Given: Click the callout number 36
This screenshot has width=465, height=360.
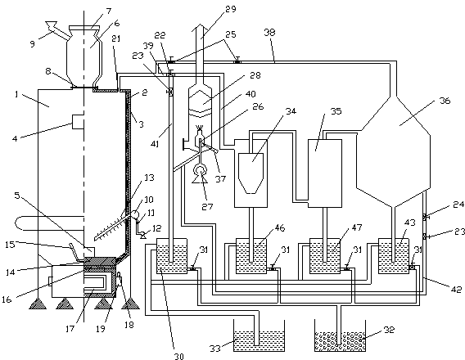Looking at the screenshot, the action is tap(445, 101).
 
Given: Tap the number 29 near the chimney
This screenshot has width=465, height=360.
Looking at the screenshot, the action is tap(230, 9).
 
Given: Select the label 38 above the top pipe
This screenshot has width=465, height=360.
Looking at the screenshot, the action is tap(269, 32).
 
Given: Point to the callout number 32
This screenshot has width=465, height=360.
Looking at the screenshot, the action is tap(389, 330).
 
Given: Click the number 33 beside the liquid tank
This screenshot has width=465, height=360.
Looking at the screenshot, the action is tap(215, 349).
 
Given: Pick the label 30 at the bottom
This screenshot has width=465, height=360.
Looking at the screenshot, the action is tap(178, 356).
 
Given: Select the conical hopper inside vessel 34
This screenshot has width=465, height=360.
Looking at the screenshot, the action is tap(251, 173).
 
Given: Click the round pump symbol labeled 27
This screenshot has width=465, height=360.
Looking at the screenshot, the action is tap(199, 171).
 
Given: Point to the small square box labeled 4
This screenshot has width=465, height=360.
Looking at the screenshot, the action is tap(79, 121).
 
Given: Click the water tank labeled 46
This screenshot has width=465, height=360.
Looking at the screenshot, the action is tap(251, 256).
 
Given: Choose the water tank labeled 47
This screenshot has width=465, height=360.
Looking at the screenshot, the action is tap(325, 256).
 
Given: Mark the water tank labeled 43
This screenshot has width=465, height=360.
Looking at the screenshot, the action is tap(394, 256).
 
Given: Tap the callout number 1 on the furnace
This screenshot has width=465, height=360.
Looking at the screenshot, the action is tap(16, 94).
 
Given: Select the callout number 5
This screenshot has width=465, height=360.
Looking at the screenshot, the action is tap(17, 196).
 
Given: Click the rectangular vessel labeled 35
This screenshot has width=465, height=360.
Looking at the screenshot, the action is tap(325, 173).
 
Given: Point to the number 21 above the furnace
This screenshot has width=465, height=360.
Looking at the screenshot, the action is tap(116, 38).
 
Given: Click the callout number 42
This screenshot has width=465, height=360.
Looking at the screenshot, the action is tap(456, 289).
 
